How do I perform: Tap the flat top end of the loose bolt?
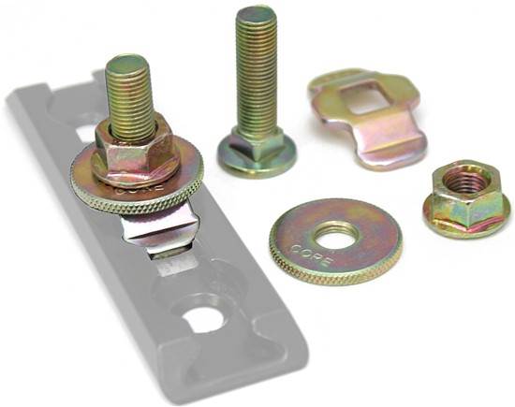[257, 15]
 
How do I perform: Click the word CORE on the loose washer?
[312, 254]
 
